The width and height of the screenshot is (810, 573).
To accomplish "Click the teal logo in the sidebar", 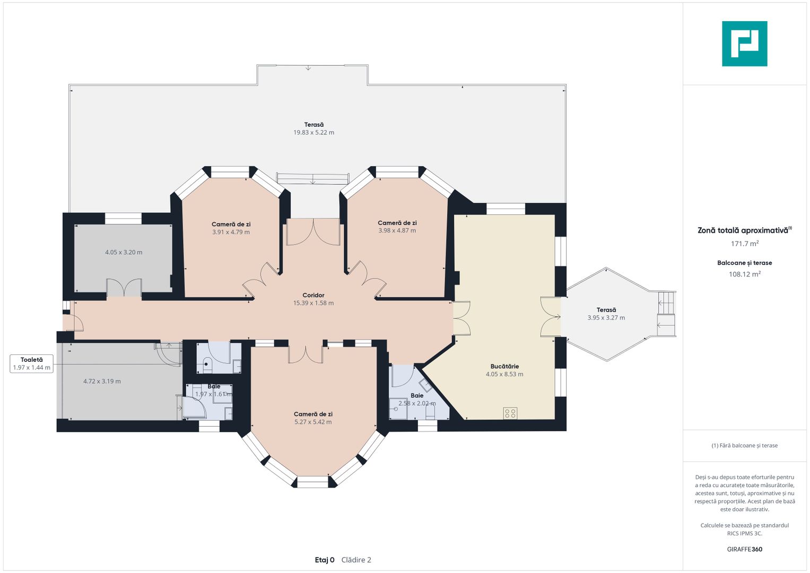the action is tap(745, 44).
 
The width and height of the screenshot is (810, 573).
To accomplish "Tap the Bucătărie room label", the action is tap(504, 366).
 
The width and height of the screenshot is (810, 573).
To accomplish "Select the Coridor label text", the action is tap(313, 295).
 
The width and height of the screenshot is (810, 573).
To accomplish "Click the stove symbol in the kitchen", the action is tap(510, 413).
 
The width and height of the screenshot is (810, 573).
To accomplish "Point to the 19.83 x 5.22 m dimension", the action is tap(313, 133).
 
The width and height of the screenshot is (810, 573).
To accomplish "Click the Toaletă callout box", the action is tap(31, 363).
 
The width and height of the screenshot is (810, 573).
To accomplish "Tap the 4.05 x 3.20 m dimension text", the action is tap(124, 252).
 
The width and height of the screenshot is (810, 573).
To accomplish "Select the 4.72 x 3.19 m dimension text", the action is tap(102, 381).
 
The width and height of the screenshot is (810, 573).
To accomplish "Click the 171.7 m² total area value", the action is tap(745, 244).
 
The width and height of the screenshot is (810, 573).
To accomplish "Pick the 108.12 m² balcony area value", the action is tap(745, 274).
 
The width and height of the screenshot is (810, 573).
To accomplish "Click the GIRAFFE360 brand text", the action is tap(745, 549).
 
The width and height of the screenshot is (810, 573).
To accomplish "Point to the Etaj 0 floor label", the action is tap(325, 560).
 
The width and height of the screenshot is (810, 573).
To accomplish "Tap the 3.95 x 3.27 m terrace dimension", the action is tap(606, 318).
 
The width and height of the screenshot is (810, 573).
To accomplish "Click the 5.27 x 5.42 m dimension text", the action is tap(313, 422).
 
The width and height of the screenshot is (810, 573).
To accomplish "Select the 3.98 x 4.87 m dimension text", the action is tap(397, 230).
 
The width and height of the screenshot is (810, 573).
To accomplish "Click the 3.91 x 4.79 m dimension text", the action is tap(231, 232).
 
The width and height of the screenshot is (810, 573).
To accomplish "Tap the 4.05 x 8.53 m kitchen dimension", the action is tap(504, 374).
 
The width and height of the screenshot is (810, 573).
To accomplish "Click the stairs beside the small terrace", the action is tap(666, 314).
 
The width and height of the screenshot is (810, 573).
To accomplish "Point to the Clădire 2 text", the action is tap(356, 560).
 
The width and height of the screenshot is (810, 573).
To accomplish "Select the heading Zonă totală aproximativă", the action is tap(743, 230).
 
